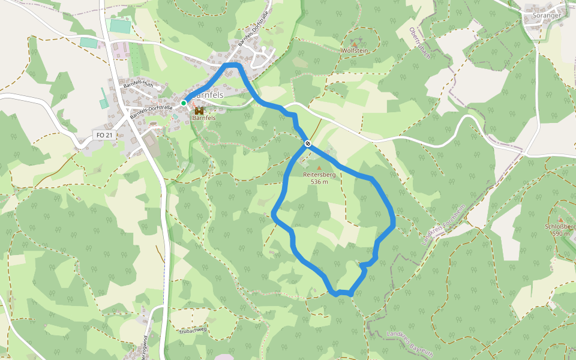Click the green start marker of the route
(x=184, y=103)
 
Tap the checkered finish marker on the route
(x=307, y=143)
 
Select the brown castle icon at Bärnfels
(x=199, y=110)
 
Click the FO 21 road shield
(x=104, y=136)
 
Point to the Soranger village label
(x=546, y=16)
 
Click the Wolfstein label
(x=354, y=52)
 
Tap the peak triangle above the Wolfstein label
(x=354, y=44)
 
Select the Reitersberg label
(x=319, y=175)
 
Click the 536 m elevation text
(x=319, y=182)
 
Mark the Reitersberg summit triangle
(x=319, y=167)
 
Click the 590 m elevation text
(x=560, y=234)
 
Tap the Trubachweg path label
(x=193, y=330)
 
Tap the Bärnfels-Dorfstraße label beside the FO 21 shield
(x=151, y=112)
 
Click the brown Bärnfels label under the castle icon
(x=204, y=118)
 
